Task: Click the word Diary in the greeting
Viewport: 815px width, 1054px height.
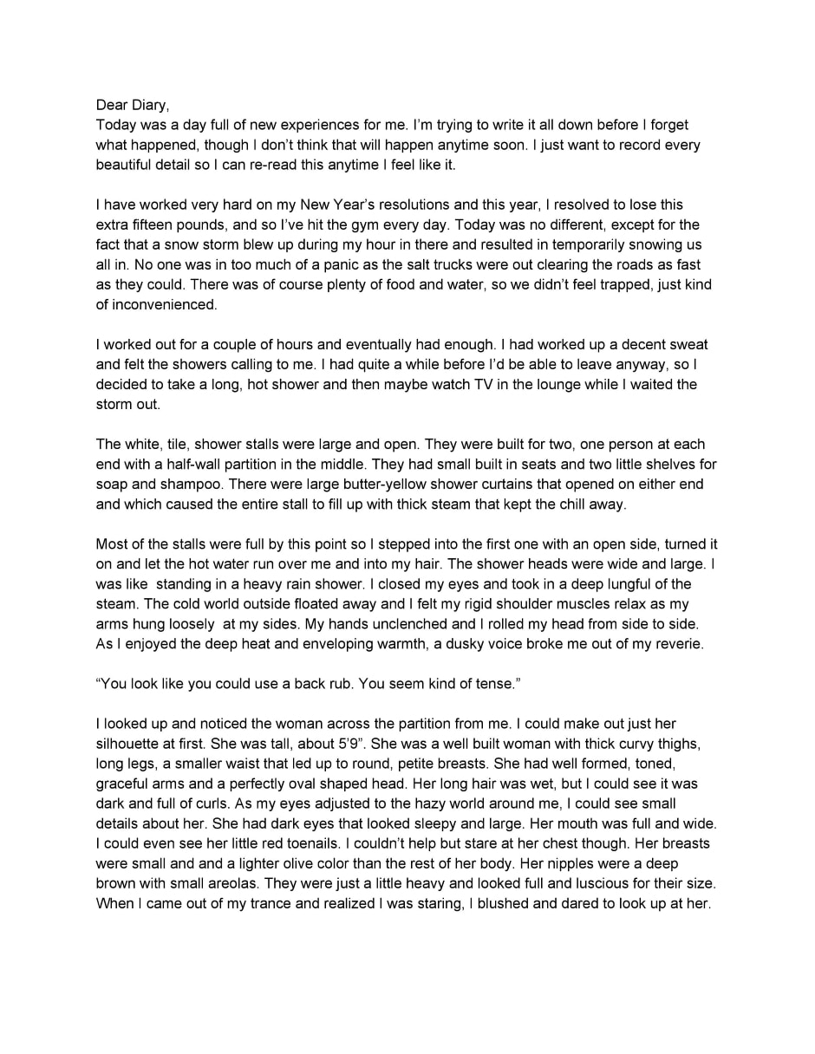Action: coord(149,105)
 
